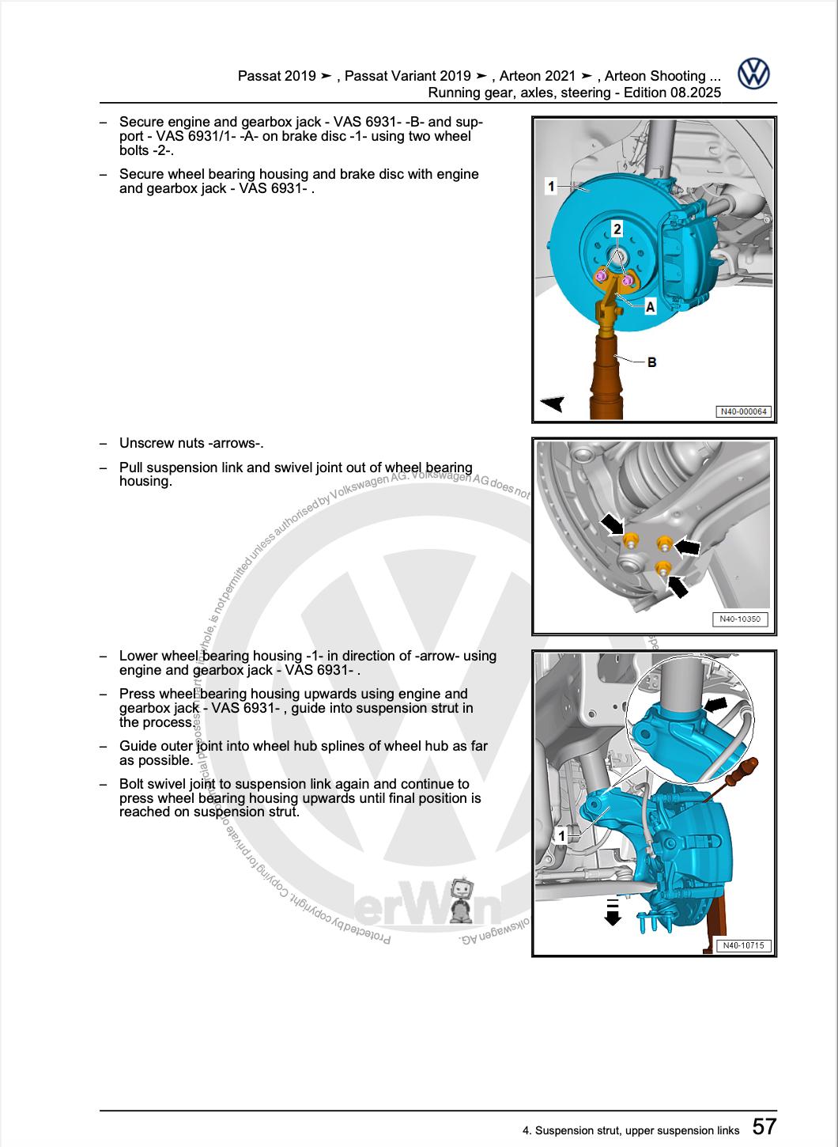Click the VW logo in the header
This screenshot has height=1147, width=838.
click(x=753, y=74)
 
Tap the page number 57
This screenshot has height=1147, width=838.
click(x=764, y=1126)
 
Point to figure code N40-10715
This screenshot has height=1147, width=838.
click(x=742, y=945)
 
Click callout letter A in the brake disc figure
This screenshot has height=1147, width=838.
click(x=650, y=307)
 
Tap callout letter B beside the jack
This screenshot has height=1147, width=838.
click(x=651, y=362)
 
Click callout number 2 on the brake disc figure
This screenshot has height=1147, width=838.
click(x=617, y=229)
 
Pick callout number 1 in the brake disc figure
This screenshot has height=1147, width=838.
click(x=551, y=187)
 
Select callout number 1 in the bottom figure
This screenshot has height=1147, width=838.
click(x=561, y=836)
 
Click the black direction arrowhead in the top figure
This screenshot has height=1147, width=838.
click(x=551, y=403)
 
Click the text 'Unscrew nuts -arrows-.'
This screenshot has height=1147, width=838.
click(x=191, y=443)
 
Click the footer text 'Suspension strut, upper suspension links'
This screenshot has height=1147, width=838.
click(x=637, y=1130)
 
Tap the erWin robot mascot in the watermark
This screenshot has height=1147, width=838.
click(x=464, y=900)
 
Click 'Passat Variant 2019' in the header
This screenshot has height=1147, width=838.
click(x=408, y=76)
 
